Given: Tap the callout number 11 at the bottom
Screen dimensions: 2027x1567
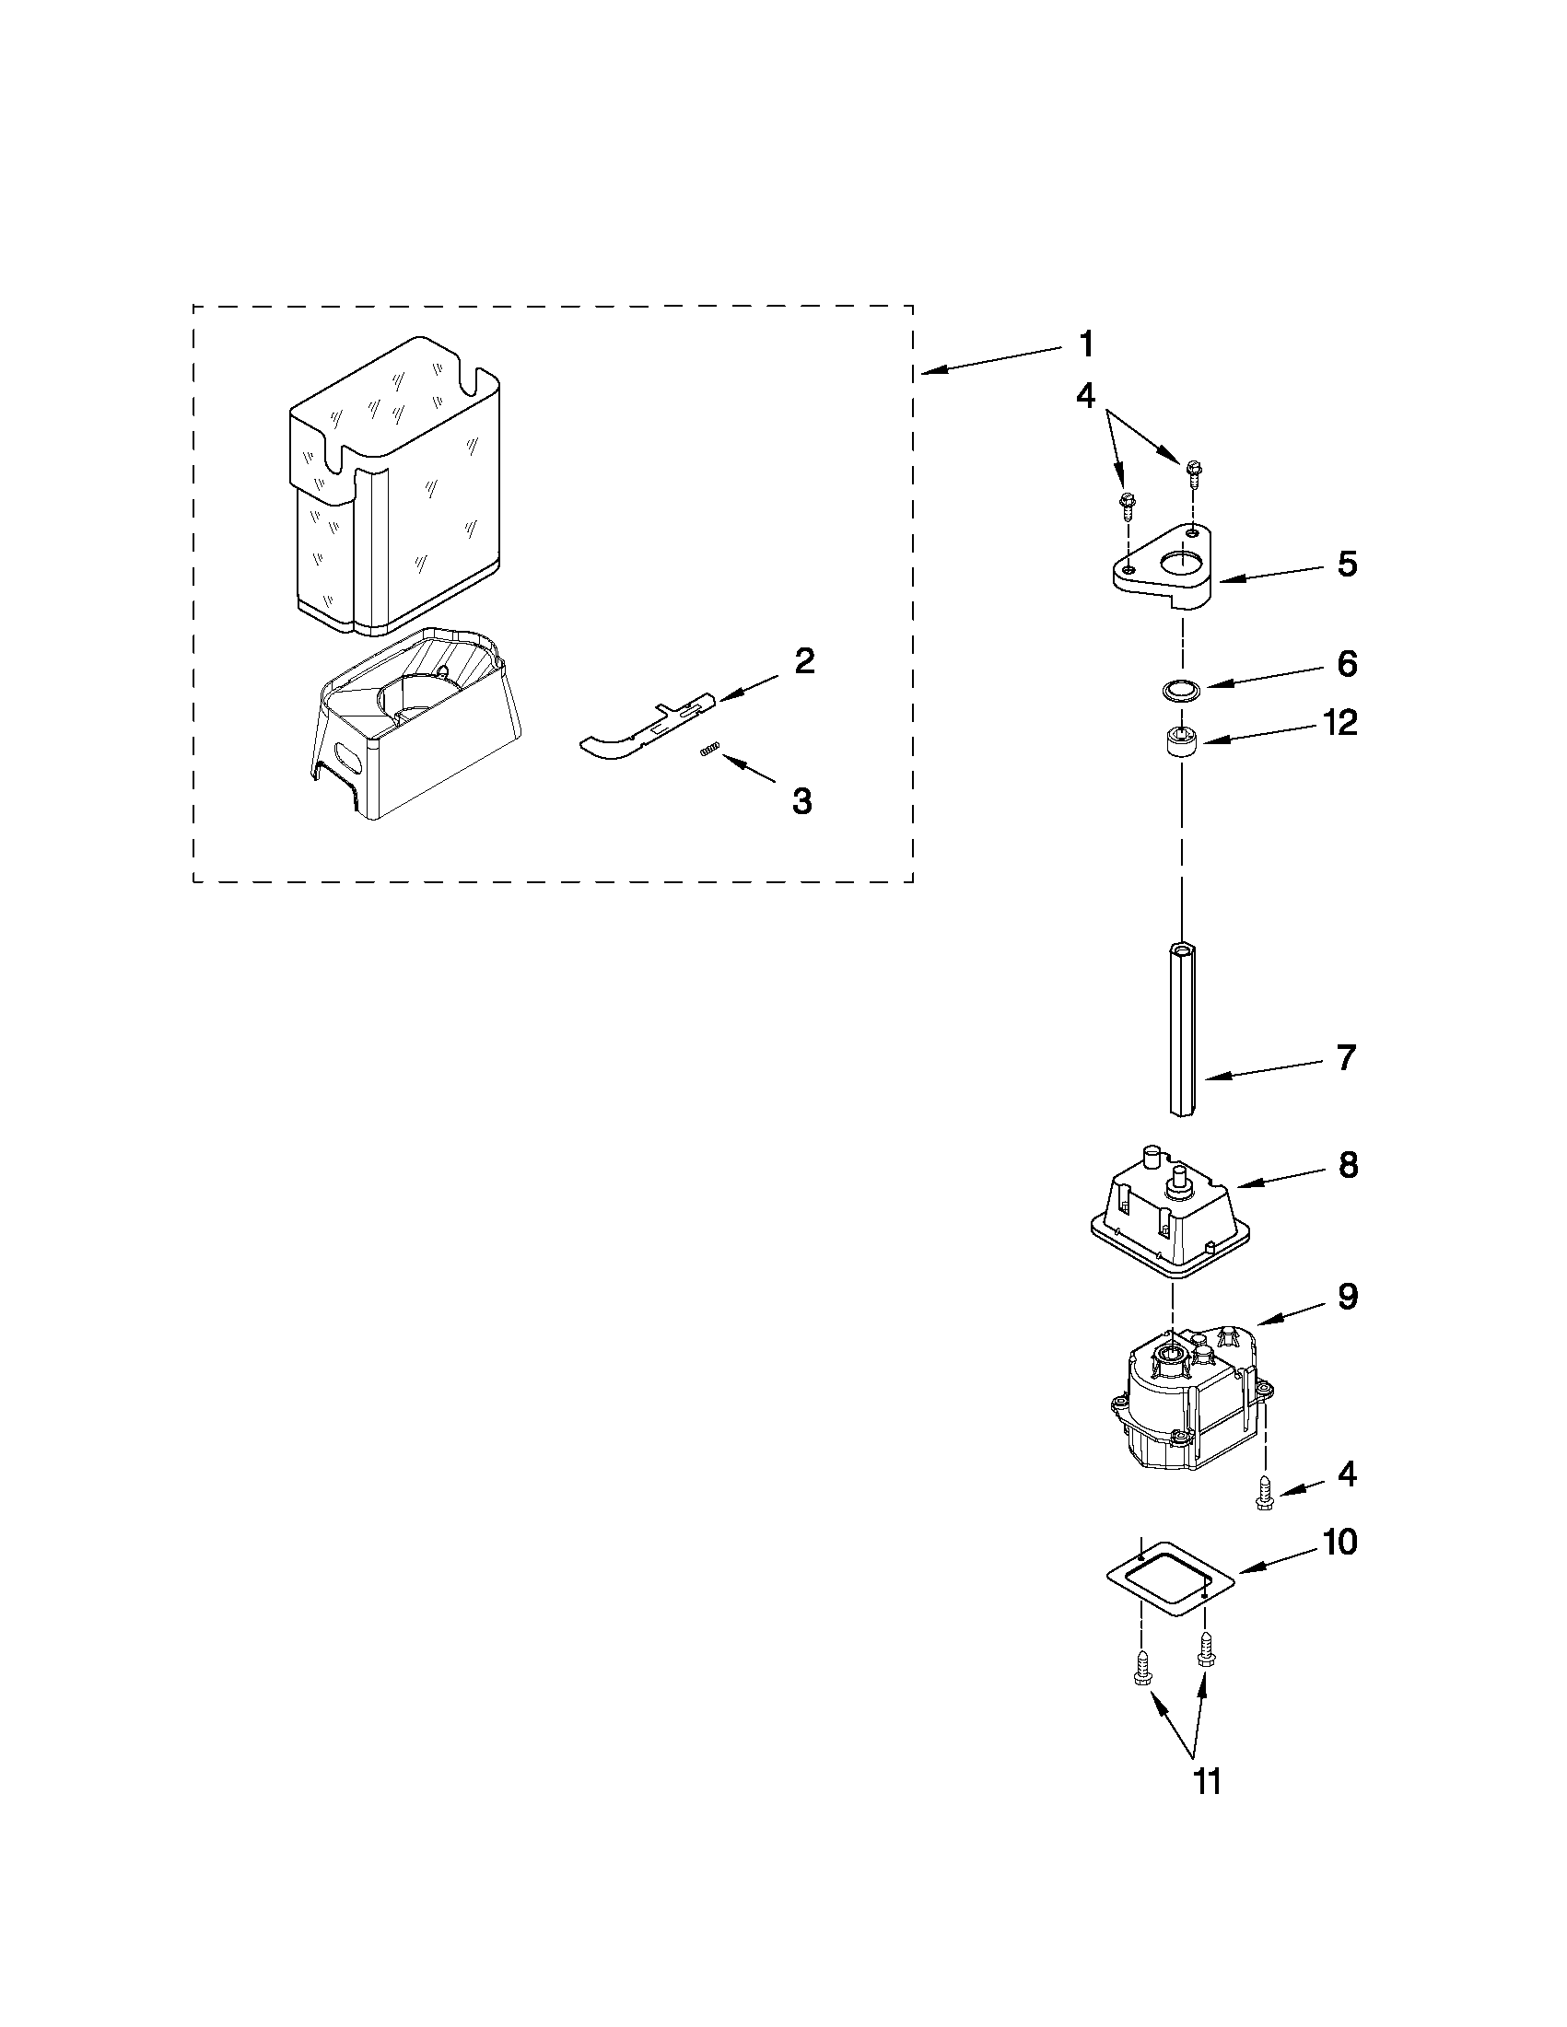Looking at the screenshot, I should pos(1206,1781).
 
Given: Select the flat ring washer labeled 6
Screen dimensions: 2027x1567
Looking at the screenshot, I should pos(1181,690).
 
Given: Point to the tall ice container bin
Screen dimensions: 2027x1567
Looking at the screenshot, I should pos(394,492).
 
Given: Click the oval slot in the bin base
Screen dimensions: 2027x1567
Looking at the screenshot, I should pos(347,754).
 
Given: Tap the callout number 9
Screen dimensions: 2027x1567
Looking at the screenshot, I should pos(1347,1297).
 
